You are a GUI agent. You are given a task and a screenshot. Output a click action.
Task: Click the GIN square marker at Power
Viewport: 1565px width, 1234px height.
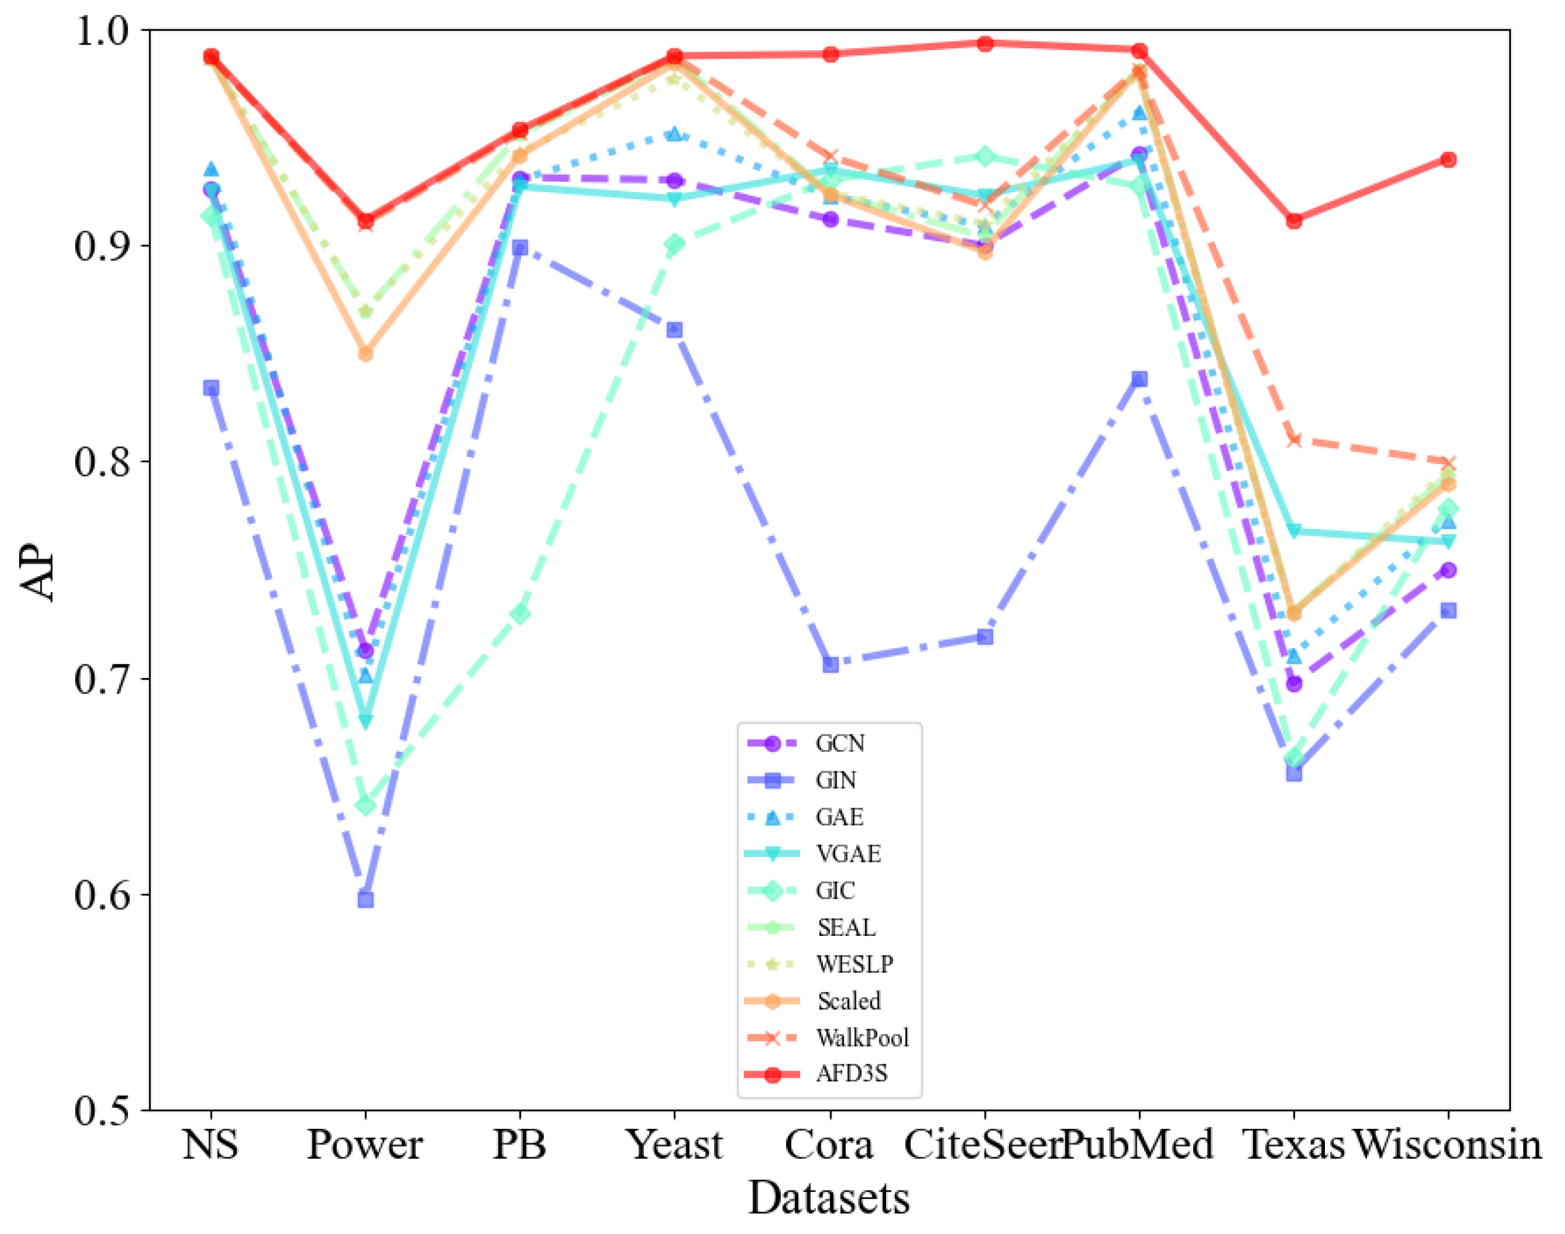tap(366, 899)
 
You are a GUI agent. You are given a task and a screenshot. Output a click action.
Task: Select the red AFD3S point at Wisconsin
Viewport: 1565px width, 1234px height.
tap(1449, 159)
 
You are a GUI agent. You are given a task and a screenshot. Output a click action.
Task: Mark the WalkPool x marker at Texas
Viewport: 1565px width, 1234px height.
tap(1294, 440)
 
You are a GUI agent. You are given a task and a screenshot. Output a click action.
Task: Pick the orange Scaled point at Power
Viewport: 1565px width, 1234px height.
tap(366, 354)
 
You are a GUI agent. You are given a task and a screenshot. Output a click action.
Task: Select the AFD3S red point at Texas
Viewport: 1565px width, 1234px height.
tap(1294, 220)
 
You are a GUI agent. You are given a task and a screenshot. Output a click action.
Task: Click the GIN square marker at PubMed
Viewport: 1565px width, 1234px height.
tap(1139, 379)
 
